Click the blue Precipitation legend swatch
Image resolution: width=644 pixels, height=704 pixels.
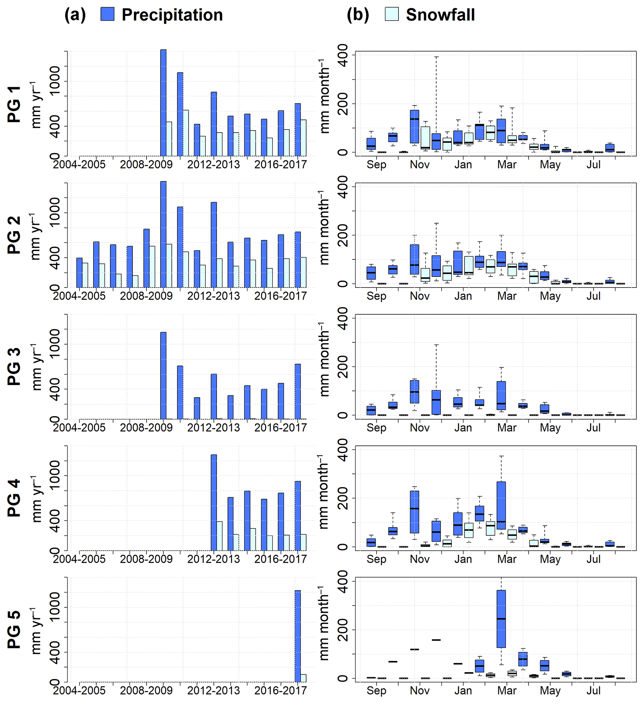tap(107, 14)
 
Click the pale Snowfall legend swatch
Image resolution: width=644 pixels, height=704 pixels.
tap(391, 14)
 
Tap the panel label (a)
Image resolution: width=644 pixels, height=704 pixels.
tap(75, 15)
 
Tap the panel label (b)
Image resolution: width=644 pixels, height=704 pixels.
tap(358, 15)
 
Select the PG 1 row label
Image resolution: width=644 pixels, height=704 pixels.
tap(14, 104)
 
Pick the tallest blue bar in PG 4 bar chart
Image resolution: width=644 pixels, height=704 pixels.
tap(214, 503)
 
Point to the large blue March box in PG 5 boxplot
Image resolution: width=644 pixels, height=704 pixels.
tap(501, 619)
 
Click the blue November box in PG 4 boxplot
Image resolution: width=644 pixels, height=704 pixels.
tap(414, 512)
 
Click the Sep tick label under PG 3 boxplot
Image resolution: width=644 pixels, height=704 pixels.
tap(376, 428)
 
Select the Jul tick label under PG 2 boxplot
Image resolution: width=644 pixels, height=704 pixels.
tap(594, 296)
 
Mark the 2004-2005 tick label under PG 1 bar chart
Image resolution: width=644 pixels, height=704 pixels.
tap(79, 165)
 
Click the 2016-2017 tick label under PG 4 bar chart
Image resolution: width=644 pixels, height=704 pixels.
tap(280, 559)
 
